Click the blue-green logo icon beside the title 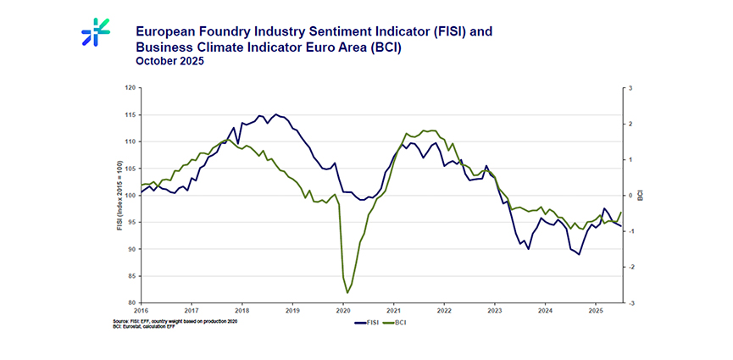[96, 33]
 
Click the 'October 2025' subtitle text [170, 62]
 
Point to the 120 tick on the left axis [130, 87]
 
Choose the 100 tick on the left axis [130, 195]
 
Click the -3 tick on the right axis [630, 302]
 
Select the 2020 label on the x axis [342, 310]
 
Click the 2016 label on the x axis [141, 310]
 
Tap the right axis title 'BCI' [641, 195]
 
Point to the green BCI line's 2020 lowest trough [348, 293]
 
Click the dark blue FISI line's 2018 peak [276, 114]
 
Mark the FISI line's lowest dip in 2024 [580, 254]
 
